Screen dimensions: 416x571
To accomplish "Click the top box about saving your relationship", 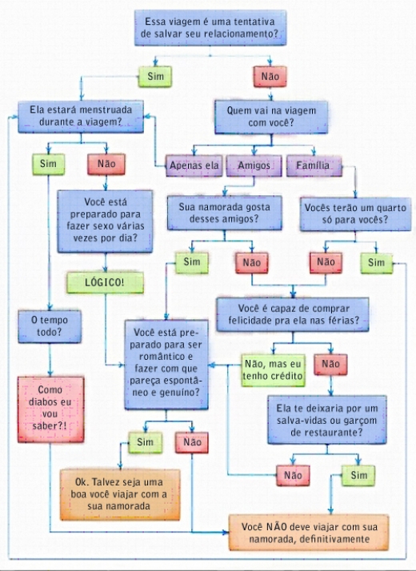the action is [210, 28].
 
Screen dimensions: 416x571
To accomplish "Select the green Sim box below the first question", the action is [155, 77].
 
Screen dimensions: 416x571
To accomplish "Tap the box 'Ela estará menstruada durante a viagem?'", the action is [81, 117].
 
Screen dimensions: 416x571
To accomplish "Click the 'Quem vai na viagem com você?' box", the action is [271, 117].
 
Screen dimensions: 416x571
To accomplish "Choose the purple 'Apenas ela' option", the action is [194, 166].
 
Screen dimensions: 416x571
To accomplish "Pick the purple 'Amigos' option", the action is [254, 166].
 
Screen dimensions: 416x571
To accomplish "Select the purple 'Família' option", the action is [314, 166].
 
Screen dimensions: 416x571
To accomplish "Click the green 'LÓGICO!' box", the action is [105, 282].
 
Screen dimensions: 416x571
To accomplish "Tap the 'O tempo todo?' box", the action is [50, 326].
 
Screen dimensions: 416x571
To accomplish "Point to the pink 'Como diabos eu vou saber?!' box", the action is [50, 409].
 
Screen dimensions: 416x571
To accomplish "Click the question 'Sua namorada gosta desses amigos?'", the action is [224, 213].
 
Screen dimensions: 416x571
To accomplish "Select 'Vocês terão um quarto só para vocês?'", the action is [355, 214].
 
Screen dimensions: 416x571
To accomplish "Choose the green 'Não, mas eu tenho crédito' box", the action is [273, 370].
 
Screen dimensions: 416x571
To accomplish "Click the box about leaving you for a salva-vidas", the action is [326, 420].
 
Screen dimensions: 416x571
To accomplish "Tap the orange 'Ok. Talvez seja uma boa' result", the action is [120, 494].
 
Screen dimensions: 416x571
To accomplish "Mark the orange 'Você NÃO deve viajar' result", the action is [309, 533].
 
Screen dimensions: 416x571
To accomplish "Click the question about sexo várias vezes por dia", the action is [105, 221].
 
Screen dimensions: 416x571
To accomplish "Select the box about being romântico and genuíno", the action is [166, 365].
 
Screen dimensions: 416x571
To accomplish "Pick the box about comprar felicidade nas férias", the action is [293, 314].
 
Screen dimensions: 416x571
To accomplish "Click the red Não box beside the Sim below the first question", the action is [270, 77].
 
